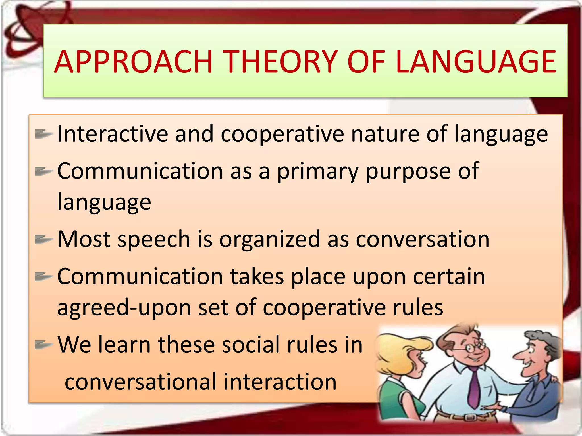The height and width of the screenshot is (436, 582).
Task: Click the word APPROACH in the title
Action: click(x=133, y=62)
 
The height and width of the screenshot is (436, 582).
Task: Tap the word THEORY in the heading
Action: click(x=281, y=62)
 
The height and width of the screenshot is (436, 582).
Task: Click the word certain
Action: click(x=449, y=277)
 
